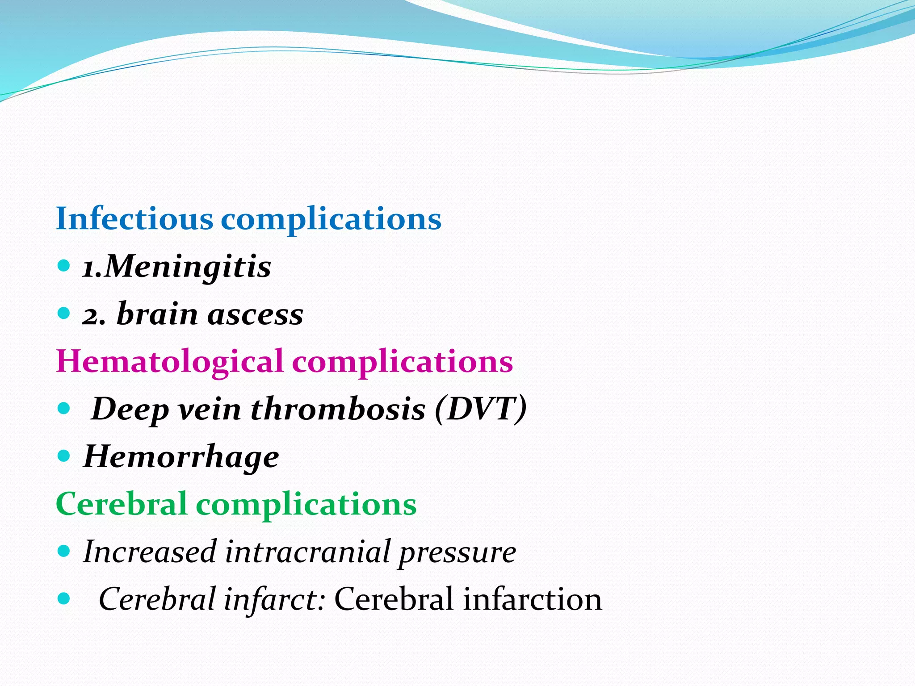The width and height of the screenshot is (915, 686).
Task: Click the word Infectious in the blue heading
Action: point(134,219)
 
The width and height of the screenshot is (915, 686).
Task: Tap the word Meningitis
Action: point(188,267)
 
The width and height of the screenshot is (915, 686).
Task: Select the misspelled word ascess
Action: point(255,314)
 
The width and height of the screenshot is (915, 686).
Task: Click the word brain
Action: point(157,314)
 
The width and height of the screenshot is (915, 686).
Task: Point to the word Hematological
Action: point(170,361)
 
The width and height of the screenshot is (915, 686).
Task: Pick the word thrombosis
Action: point(338,409)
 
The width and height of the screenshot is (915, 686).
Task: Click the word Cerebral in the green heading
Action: point(121,504)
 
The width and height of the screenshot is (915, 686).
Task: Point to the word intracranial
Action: point(308,552)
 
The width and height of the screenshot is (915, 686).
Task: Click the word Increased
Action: point(150,552)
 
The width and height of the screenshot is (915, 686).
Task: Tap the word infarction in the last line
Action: point(532,599)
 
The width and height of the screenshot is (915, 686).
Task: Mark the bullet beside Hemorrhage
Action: point(64,456)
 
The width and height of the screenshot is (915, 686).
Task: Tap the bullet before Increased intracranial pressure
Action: point(64,551)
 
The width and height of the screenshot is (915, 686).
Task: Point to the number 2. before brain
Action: point(93,316)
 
